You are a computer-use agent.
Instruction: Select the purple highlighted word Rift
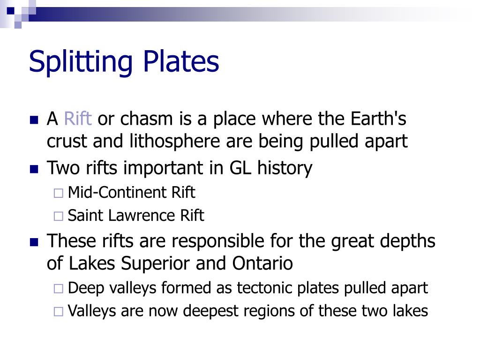[x=77, y=119]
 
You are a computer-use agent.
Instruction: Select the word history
[x=285, y=168]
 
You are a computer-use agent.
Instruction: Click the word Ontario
[x=262, y=263]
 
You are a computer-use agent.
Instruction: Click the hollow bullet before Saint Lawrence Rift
[x=58, y=217]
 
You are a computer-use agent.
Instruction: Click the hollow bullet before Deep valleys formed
[x=58, y=289]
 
